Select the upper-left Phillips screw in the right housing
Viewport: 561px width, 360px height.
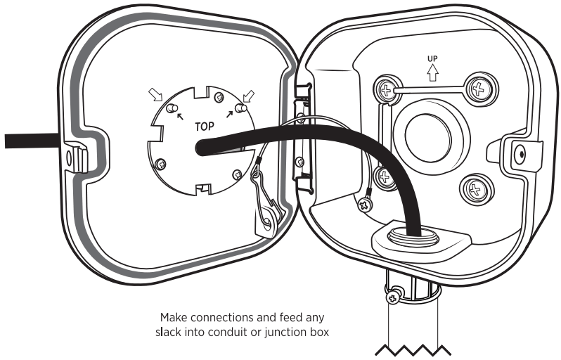(x=384, y=90)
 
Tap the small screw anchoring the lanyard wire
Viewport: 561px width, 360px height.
(x=365, y=205)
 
